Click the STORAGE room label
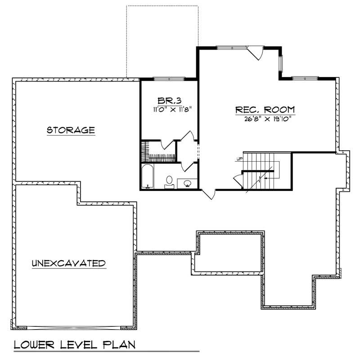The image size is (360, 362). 71,130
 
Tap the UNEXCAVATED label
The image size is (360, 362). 68,263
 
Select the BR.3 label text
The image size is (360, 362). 169,100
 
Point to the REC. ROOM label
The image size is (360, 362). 265,109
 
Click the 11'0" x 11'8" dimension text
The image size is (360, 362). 169,109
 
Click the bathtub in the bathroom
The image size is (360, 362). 147,177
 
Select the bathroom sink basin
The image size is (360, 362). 188,183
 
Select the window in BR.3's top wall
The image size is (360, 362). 169,79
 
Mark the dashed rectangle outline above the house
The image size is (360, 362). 162,41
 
